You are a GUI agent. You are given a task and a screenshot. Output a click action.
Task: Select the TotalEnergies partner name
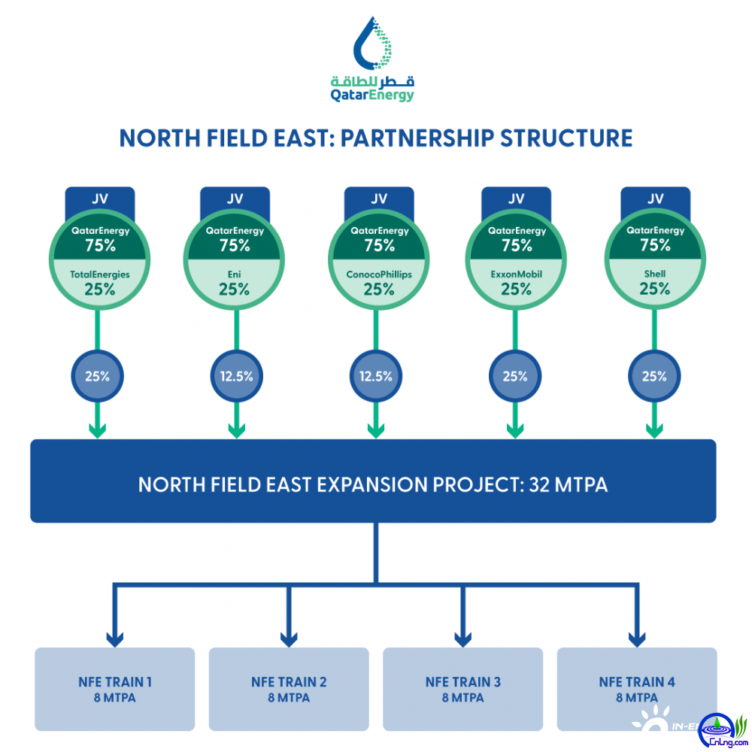pos(99,274)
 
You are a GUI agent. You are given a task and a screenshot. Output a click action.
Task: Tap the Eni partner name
pos(235,274)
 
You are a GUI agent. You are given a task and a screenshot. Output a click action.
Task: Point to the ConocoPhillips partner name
pos(379,274)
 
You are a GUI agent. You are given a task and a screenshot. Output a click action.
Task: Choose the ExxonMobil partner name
pos(516,274)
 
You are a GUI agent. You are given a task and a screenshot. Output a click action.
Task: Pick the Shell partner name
pos(655,274)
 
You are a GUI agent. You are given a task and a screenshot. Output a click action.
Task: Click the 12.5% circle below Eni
pos(235,376)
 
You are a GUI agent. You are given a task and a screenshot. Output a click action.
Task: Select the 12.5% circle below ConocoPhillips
pos(376,376)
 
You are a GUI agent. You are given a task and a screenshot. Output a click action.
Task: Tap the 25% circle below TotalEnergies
pos(97,376)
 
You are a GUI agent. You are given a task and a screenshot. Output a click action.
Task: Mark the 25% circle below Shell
pos(654,376)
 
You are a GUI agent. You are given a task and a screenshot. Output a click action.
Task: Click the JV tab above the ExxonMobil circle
pos(516,199)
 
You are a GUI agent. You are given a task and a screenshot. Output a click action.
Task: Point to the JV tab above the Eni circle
pos(235,199)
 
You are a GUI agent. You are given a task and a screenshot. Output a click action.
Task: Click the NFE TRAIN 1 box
pos(115,689)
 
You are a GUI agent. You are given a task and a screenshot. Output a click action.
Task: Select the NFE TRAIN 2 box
pos(289,689)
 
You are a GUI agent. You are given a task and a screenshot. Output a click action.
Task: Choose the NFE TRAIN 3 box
pos(462,689)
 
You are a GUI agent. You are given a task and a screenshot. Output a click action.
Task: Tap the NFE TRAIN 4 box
pos(636,689)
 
